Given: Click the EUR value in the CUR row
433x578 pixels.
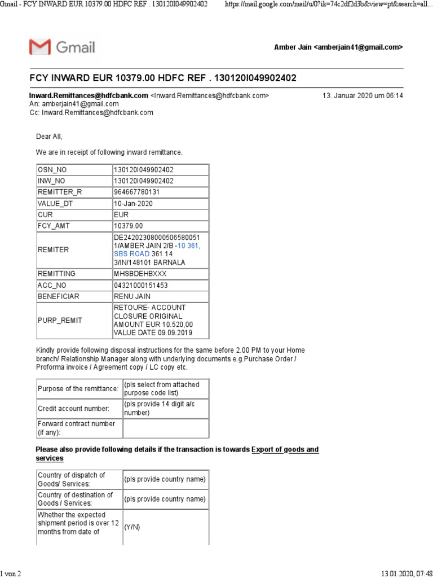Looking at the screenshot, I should click(x=121, y=215).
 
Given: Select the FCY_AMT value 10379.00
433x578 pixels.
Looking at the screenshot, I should click(x=129, y=226).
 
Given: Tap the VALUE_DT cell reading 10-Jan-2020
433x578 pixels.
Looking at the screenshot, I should click(x=133, y=203).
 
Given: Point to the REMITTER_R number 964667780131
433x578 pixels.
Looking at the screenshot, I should click(x=137, y=192).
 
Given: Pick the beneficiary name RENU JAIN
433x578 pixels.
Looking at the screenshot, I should click(x=132, y=296).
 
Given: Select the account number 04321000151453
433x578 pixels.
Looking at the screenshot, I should click(x=141, y=284).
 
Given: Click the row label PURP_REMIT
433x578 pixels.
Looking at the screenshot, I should click(x=60, y=320).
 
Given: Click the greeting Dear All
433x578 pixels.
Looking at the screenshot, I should click(x=49, y=137).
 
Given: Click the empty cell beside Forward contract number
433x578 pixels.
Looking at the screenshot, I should click(x=166, y=428).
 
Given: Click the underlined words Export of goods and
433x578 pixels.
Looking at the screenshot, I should click(x=285, y=449).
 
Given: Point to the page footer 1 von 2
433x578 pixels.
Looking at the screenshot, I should click(x=11, y=573).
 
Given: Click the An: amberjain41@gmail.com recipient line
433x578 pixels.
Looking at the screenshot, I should click(x=74, y=104).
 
